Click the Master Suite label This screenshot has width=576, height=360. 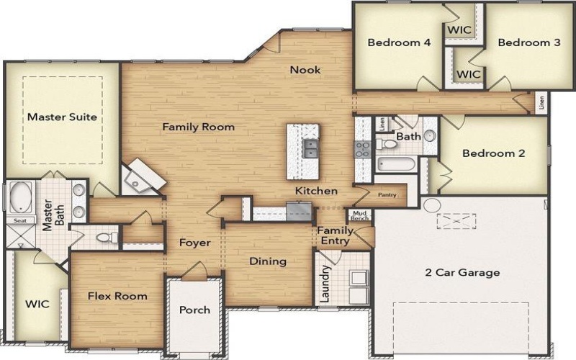click(x=62, y=116)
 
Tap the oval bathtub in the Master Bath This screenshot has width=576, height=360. click(x=19, y=196)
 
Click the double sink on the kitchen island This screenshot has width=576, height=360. click(x=312, y=149)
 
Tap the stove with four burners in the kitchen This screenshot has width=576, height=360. click(x=362, y=149)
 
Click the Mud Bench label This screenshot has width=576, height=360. click(x=359, y=215)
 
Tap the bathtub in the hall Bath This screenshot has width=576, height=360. click(x=395, y=164)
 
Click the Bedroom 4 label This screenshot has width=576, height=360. click(x=399, y=42)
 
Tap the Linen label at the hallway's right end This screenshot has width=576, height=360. click(x=541, y=103)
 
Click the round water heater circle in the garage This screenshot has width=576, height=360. click(x=431, y=206)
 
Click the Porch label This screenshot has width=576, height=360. click(x=194, y=310)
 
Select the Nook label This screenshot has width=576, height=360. click(x=305, y=70)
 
